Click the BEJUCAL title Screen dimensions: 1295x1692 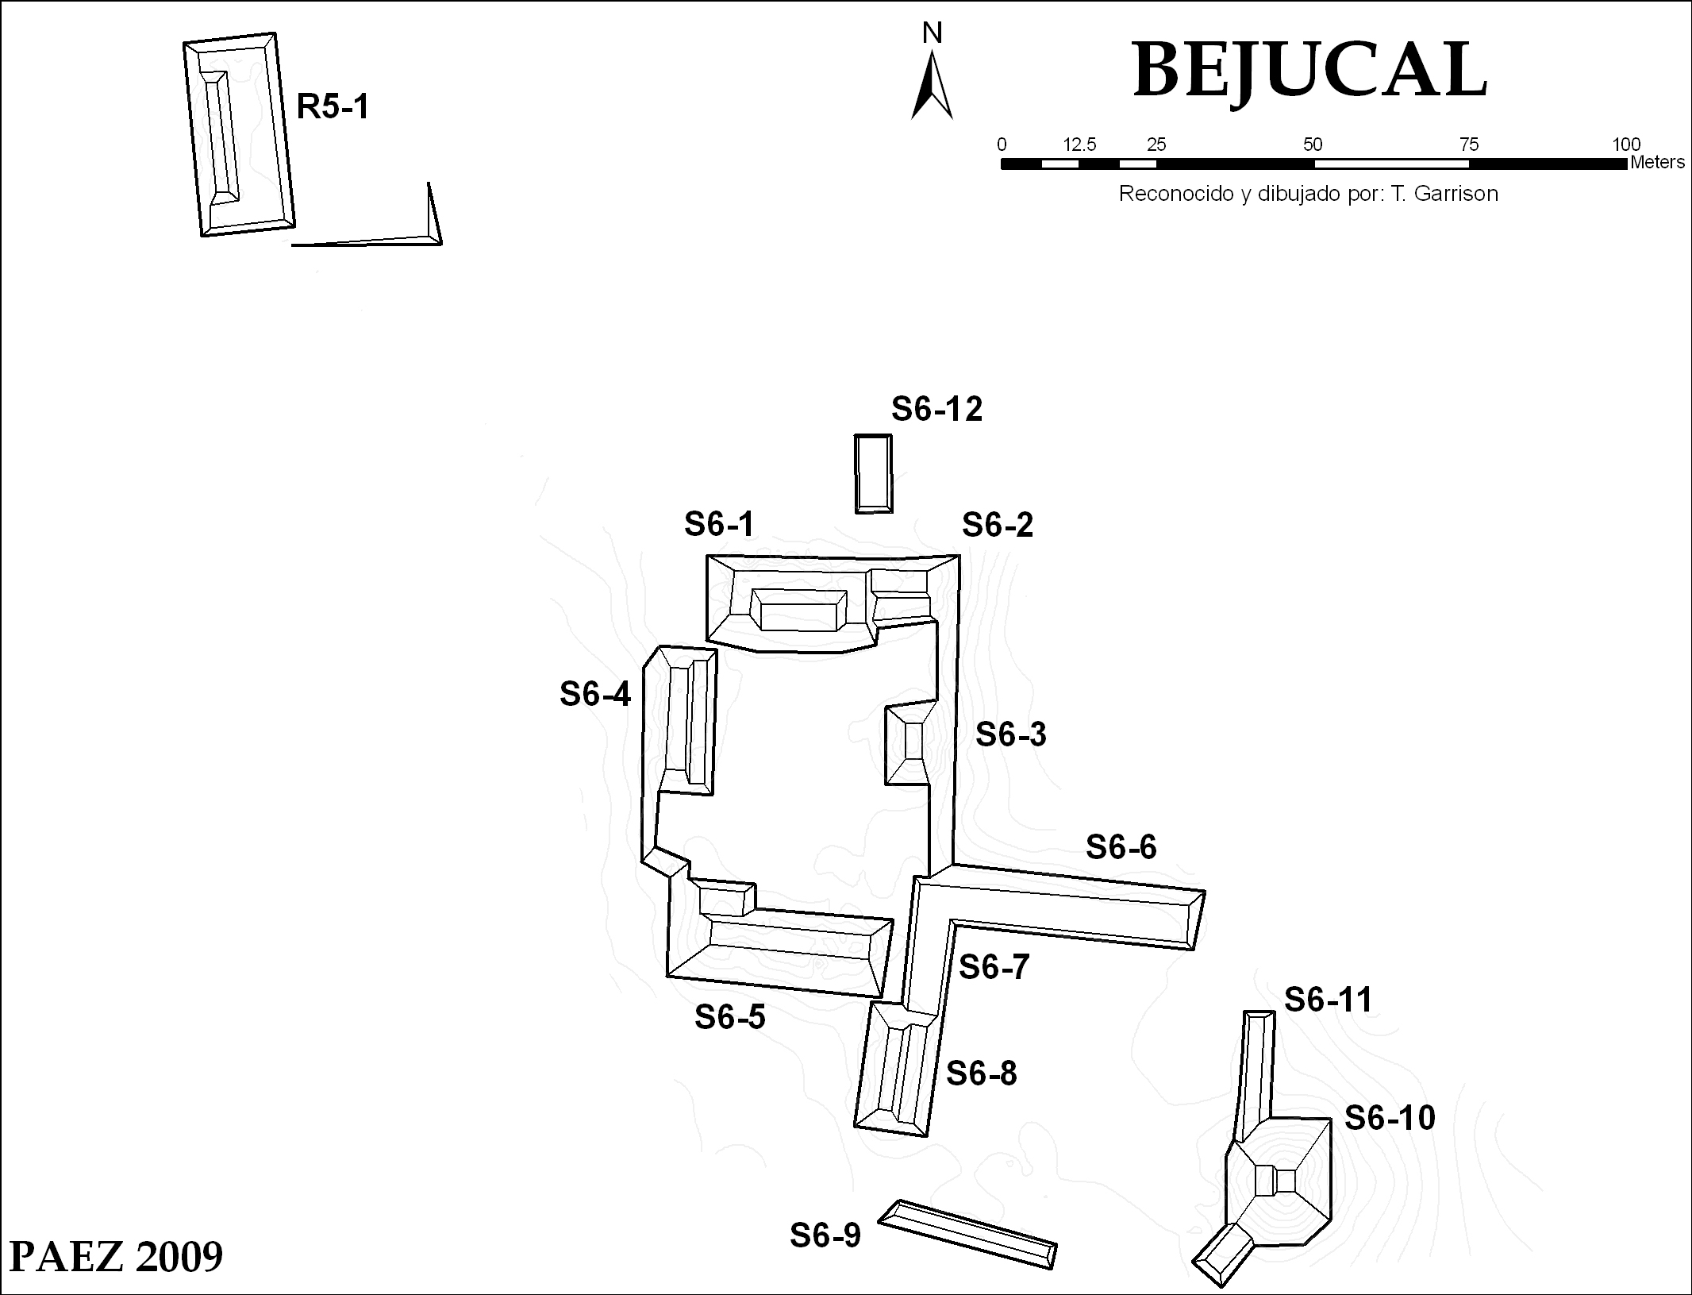tap(1309, 71)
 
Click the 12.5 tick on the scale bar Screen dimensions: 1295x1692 tap(1079, 145)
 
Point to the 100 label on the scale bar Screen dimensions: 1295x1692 tap(1625, 145)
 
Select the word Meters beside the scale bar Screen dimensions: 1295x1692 tap(1657, 163)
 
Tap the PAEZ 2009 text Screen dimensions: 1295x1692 tap(116, 1257)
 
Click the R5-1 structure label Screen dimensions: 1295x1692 tap(333, 106)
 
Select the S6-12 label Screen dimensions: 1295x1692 tap(936, 410)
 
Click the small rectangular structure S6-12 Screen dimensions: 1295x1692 tap(873, 474)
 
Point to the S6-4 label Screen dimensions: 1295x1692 tap(595, 695)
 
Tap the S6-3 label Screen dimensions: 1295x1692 tap(1010, 734)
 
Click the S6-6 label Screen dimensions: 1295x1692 tap(1121, 848)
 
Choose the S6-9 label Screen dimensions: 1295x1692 tap(825, 1235)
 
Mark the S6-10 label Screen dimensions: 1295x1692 tap(1390, 1119)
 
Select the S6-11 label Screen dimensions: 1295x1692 tap(1328, 1000)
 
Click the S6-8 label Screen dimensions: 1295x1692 tap(981, 1074)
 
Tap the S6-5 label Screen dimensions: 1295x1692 tap(729, 1017)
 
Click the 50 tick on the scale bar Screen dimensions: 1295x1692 tap(1313, 145)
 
